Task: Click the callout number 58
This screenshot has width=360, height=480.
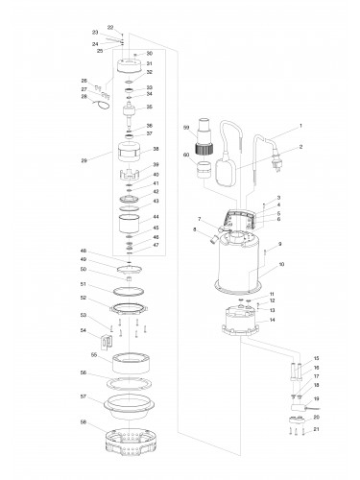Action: coord(84,421)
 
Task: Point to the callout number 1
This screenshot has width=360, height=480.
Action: coord(300,126)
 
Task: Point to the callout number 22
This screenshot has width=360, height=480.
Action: coord(110,27)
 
